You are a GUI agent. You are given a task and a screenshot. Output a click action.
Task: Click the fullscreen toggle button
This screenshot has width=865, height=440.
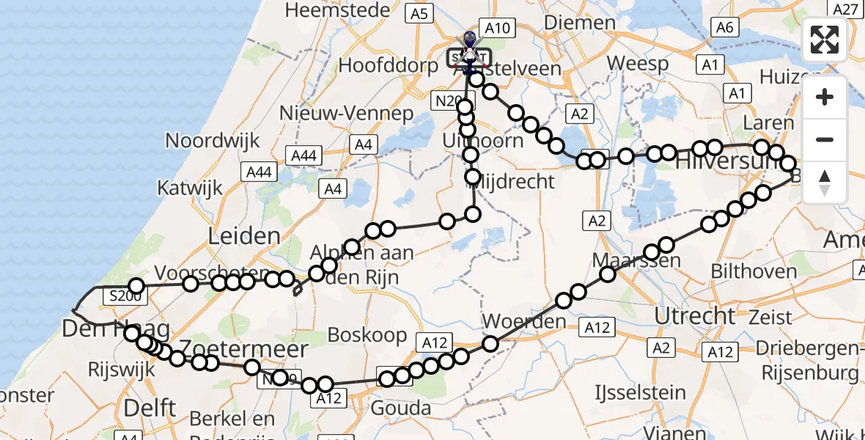(x=825, y=40)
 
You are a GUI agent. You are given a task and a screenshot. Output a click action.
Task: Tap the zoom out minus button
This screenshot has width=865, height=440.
(x=825, y=139)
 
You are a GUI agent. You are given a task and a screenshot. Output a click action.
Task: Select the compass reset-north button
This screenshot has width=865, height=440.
(x=825, y=183)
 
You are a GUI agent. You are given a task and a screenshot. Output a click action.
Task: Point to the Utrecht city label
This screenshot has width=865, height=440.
(x=694, y=316)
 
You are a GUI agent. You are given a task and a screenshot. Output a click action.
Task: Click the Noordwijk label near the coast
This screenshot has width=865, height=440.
(x=203, y=140)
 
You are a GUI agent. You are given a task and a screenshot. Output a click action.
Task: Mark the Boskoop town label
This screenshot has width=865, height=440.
(x=367, y=335)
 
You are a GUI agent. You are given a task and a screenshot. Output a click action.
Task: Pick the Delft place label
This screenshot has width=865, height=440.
(x=150, y=407)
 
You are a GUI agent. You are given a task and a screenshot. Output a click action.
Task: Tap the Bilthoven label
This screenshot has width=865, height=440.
(x=754, y=271)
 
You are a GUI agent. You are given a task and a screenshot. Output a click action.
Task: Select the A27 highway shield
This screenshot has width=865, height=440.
(x=846, y=9)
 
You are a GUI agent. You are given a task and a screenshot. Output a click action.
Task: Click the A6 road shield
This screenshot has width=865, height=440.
(x=724, y=27)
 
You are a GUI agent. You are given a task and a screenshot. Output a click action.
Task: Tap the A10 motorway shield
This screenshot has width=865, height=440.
(x=497, y=28)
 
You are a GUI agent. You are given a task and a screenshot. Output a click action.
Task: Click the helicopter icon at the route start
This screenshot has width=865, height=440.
(x=469, y=41)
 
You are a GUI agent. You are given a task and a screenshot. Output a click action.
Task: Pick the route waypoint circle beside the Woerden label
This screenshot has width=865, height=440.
(x=490, y=343)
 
